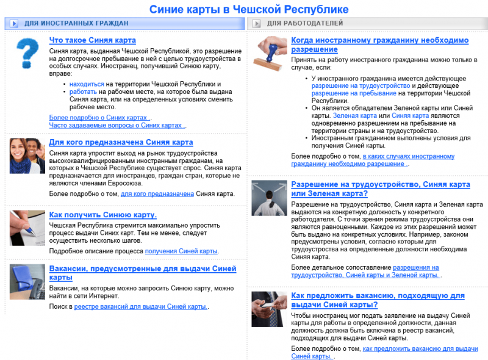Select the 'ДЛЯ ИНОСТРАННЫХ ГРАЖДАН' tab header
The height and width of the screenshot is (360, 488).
[76, 24]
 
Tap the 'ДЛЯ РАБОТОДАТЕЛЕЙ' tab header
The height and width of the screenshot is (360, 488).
[304, 24]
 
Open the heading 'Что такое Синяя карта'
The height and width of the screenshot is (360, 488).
[92, 40]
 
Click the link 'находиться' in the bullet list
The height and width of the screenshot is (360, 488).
[87, 84]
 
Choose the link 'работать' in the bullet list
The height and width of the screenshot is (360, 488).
[83, 92]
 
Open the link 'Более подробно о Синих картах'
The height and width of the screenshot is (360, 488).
[98, 117]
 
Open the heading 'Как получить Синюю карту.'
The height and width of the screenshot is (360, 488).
[102, 215]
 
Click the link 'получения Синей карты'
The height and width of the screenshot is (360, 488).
[181, 251]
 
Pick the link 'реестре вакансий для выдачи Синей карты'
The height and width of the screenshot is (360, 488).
[140, 307]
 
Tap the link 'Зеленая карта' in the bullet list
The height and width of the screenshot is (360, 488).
[354, 115]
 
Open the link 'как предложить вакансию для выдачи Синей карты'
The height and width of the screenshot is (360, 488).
[420, 348]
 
